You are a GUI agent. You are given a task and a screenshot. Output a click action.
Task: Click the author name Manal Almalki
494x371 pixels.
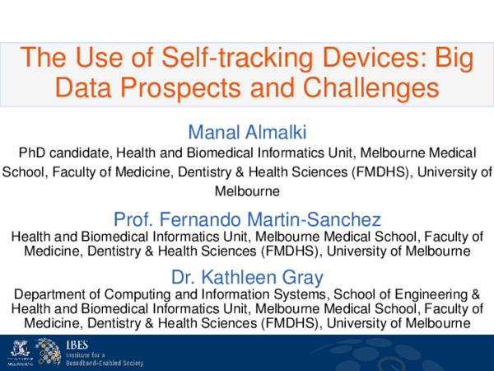pyautogui.click(x=247, y=132)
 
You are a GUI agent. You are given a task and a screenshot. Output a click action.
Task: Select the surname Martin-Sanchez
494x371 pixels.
pyautogui.click(x=309, y=219)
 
